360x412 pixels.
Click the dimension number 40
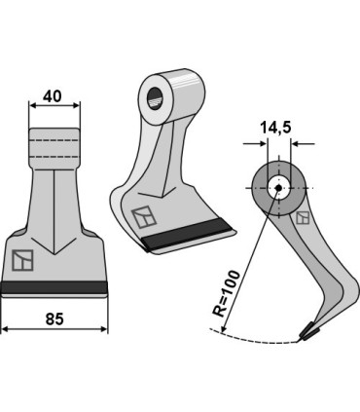pos(54,97)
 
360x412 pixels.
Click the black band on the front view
pos(54,287)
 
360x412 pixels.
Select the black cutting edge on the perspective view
pos(189,237)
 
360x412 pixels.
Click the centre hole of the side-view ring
pos(277,189)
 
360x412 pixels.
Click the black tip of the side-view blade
pos(310,332)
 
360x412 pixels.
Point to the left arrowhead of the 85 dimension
pos(5,329)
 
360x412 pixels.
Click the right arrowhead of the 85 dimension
pos(104,329)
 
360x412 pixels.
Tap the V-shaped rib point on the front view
pos(54,252)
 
